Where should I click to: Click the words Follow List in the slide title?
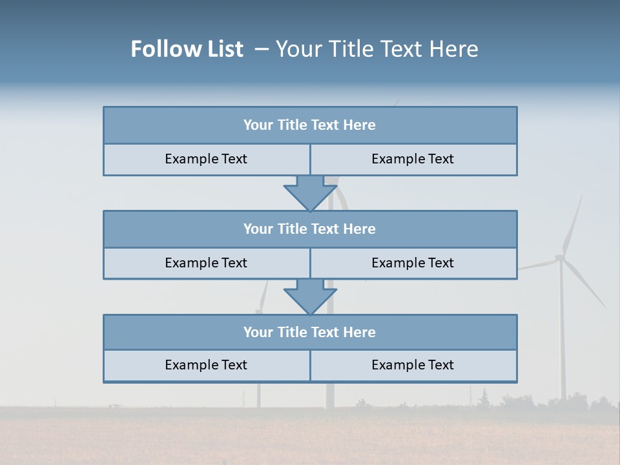187,49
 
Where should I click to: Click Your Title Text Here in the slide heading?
377,49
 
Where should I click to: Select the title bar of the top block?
310,125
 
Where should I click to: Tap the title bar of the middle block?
310,229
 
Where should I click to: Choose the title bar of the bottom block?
310,333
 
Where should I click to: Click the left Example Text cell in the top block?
206,160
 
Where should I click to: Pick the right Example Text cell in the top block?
413,160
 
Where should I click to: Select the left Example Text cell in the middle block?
206,263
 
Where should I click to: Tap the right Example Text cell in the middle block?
413,263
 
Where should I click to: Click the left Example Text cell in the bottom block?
206,366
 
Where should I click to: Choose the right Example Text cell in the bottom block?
413,366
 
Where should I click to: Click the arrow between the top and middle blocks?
310,194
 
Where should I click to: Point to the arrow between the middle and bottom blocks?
310,298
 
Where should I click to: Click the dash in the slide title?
262,49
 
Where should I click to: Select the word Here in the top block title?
360,125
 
